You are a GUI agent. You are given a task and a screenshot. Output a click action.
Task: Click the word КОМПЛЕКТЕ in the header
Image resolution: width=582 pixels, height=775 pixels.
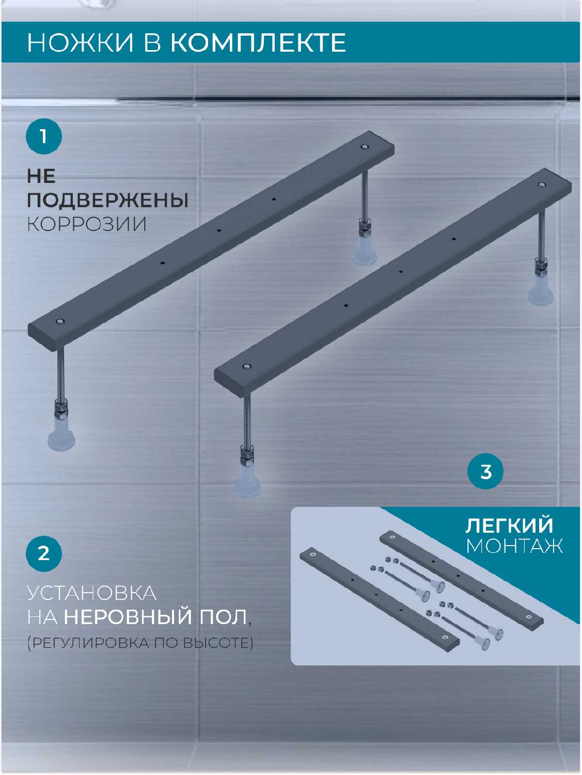click(x=258, y=43)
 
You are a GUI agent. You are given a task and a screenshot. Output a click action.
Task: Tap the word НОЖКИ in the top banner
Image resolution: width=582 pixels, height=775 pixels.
click(x=81, y=43)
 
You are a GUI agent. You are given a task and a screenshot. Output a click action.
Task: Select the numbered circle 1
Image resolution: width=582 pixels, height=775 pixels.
click(x=44, y=136)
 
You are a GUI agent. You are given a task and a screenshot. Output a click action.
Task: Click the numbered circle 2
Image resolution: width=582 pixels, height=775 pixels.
click(x=44, y=554)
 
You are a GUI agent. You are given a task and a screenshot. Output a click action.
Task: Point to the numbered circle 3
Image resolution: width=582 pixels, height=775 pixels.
click(x=485, y=471)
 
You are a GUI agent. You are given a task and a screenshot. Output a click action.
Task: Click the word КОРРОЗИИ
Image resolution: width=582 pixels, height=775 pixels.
click(x=87, y=224)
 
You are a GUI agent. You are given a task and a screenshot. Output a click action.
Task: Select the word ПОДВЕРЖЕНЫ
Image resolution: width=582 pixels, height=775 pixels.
click(x=107, y=200)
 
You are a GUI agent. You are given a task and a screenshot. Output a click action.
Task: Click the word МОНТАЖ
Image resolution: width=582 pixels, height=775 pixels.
click(x=514, y=546)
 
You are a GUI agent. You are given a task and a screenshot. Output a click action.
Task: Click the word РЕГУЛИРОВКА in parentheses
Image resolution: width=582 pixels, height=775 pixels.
click(x=89, y=643)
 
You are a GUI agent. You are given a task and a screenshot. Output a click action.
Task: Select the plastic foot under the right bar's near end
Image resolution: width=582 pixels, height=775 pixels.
click(x=247, y=481)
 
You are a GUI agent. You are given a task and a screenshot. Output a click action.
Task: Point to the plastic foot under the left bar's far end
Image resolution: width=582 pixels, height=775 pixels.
click(x=364, y=252)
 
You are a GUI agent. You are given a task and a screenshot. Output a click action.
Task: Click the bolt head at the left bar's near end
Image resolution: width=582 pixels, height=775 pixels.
click(x=60, y=322)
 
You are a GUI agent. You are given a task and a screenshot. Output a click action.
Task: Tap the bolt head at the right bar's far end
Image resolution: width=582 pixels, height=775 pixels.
click(x=541, y=184)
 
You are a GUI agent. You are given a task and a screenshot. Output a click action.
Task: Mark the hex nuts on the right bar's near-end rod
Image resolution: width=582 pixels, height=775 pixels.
click(x=247, y=456)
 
